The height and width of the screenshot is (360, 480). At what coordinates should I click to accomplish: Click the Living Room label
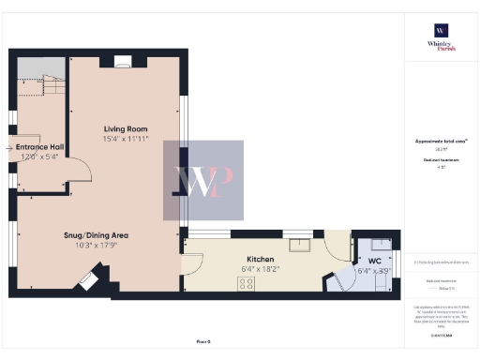pyautogui.click(x=126, y=128)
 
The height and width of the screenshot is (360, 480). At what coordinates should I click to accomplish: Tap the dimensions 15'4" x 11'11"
pyautogui.click(x=126, y=139)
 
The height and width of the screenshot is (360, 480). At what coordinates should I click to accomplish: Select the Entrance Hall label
pyautogui.click(x=37, y=147)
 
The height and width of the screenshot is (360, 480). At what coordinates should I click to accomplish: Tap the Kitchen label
pyautogui.click(x=260, y=259)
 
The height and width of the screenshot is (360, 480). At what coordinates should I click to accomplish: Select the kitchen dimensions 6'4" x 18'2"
pyautogui.click(x=260, y=269)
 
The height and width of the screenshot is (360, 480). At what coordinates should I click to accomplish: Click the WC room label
pyautogui.click(x=374, y=260)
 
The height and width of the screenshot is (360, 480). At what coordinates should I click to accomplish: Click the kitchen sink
pyautogui.click(x=302, y=246)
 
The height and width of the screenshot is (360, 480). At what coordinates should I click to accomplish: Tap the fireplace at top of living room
pyautogui.click(x=123, y=62)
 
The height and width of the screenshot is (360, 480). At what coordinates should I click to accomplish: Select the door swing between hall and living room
pyautogui.click(x=81, y=169)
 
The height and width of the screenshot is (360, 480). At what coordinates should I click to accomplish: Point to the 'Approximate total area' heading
pyautogui.click(x=441, y=142)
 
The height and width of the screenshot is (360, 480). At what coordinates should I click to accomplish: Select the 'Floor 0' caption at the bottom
pyautogui.click(x=203, y=340)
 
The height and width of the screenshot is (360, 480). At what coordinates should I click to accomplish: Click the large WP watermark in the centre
pyautogui.click(x=203, y=181)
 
